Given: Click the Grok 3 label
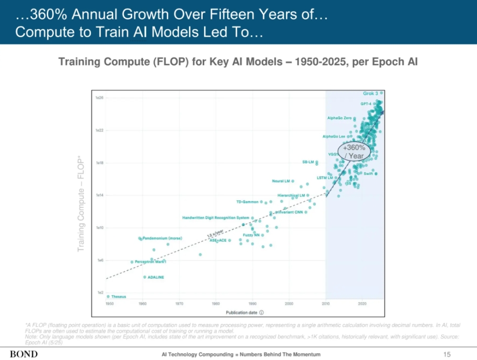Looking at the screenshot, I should click(370, 93).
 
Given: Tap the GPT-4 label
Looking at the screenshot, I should click(366, 104).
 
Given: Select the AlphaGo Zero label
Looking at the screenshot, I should click(339, 118).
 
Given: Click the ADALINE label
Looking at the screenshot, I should click(156, 277).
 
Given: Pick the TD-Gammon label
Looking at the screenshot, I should click(247, 202).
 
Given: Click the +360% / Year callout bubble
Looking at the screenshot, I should click(354, 152).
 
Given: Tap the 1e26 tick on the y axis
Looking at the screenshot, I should click(100, 98).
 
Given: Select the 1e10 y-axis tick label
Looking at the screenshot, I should click(100, 228).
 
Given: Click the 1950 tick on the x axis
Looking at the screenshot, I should click(109, 304).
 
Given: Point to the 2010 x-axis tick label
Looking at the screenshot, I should click(326, 304).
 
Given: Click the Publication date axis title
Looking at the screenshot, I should click(242, 312).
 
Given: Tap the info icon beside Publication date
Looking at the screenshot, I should click(262, 312).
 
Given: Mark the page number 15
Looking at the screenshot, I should click(447, 354).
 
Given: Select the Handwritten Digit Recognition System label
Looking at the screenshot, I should click(216, 218).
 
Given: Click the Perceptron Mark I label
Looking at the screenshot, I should click(150, 262).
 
